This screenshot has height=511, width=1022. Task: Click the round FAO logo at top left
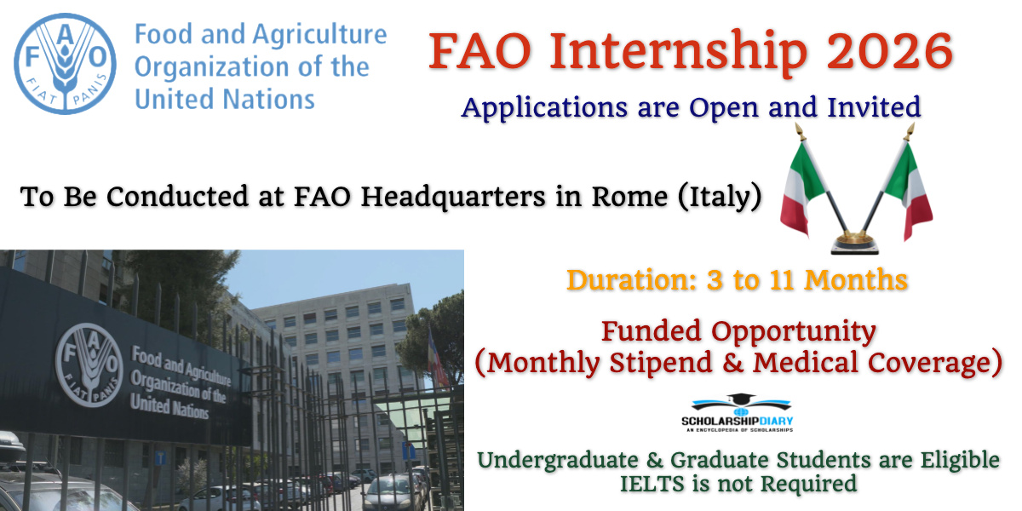(65, 65)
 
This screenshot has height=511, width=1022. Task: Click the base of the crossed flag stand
(857, 244)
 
